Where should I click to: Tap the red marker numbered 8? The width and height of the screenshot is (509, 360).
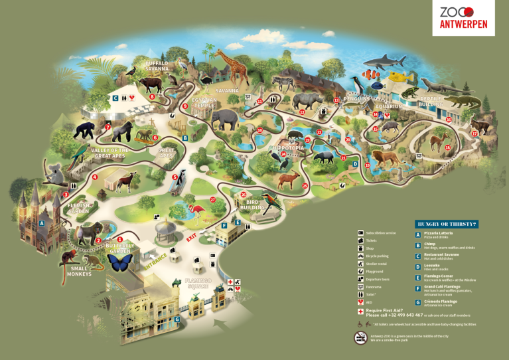click(x=152, y=97)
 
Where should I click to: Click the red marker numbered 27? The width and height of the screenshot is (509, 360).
click(x=213, y=199)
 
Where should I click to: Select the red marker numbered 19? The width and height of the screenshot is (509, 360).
click(x=367, y=165)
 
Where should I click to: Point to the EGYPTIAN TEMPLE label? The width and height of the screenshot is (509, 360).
click(x=204, y=102)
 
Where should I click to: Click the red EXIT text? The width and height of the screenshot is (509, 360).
click(x=192, y=236)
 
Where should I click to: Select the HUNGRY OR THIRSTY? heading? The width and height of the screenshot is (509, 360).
click(x=447, y=224)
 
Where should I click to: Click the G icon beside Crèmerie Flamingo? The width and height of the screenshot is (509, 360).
click(x=418, y=302)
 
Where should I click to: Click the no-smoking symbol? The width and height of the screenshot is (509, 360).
click(x=360, y=337)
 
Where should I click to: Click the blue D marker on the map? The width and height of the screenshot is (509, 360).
click(x=355, y=164)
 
